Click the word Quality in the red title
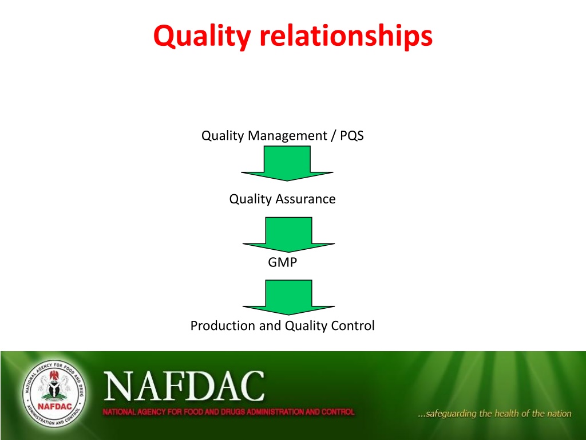coord(202,37)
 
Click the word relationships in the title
coord(346,36)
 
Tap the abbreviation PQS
coord(352,135)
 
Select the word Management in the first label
coord(287,136)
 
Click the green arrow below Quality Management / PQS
coord(287,163)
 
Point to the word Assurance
coord(306,199)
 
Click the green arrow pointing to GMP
coord(288,234)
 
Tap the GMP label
coord(283,262)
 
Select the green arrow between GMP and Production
coord(288,297)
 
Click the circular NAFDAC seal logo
coord(54,394)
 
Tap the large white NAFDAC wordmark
coord(184,386)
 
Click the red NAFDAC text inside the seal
coord(54,406)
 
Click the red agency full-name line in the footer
coord(228,412)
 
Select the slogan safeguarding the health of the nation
coord(494,414)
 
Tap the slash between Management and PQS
coord(334,136)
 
